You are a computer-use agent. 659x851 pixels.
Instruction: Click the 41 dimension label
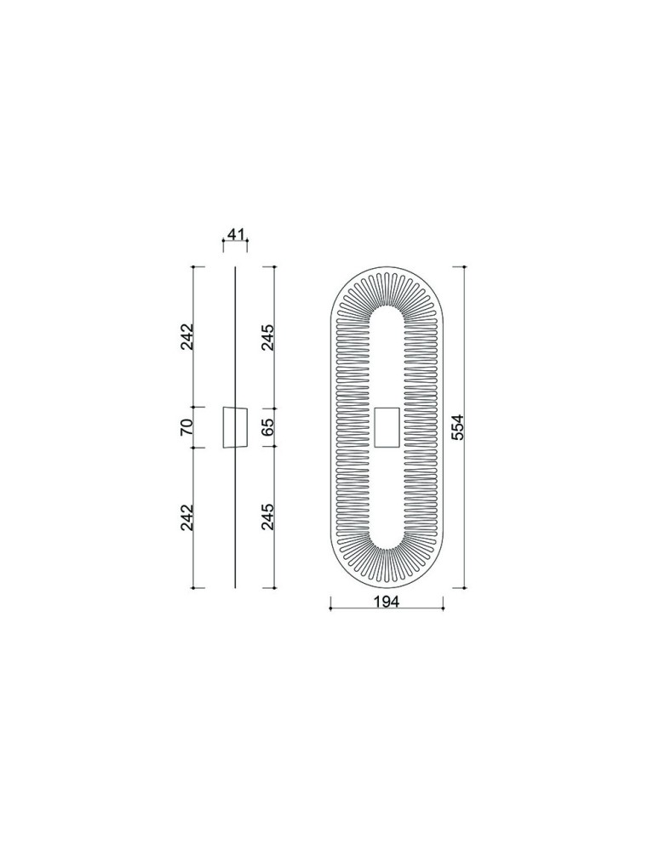[x=235, y=235]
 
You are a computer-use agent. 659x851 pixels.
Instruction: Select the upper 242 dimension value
[x=186, y=336]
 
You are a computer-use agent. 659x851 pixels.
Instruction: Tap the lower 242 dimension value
[x=186, y=517]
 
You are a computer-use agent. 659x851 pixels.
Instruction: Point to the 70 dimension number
[x=186, y=428]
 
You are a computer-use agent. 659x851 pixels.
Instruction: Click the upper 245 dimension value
[x=267, y=337]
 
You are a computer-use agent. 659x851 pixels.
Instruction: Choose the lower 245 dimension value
[x=267, y=517]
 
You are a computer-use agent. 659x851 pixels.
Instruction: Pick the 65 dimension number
[x=267, y=428]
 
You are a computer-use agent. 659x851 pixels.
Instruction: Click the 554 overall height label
[x=457, y=427]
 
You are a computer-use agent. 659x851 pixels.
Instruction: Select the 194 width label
[x=387, y=602]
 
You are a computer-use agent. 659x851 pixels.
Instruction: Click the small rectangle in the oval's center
[x=387, y=427]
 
